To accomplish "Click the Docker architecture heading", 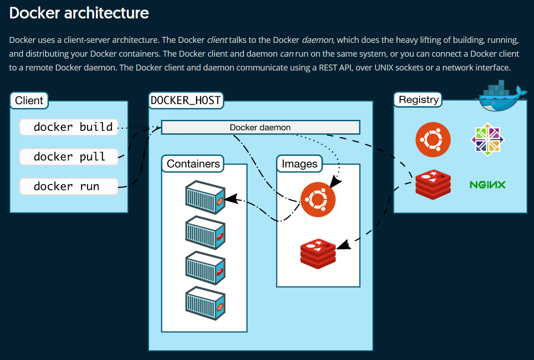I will coord(79,13).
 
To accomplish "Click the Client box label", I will coord(29,100).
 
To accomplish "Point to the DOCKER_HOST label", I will coord(186,100).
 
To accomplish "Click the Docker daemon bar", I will coord(260,127).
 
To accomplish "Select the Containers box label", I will coord(193,164).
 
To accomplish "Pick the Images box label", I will coord(300,164).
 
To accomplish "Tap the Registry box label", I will coord(418,100).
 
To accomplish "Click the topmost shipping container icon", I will coord(205,197).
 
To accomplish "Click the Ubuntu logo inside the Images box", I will coord(318,200).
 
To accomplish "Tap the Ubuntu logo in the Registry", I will coord(433,140).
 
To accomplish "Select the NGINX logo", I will coord(487,185).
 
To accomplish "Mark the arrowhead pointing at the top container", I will coord(232,198).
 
